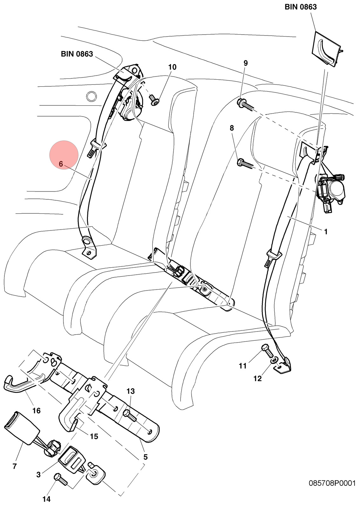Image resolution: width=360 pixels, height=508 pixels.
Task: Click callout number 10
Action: (172, 67)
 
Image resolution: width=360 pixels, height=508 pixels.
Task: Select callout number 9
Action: (246, 63)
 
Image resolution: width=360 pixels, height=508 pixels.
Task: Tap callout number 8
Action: (231, 128)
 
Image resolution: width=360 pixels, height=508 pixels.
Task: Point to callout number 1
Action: (326, 232)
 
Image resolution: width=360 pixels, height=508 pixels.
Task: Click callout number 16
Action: (37, 411)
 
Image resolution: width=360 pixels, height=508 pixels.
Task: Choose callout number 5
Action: (145, 457)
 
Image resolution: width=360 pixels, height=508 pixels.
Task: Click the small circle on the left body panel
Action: (91, 97)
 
